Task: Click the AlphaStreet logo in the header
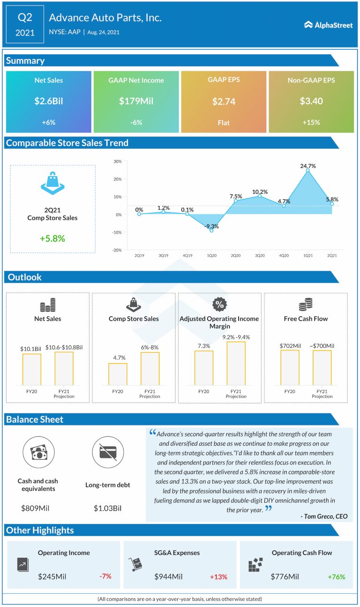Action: pyautogui.click(x=328, y=25)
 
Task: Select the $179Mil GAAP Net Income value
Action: pyautogui.click(x=136, y=101)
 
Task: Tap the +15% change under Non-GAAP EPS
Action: pyautogui.click(x=311, y=122)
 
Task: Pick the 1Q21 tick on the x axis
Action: pyautogui.click(x=307, y=256)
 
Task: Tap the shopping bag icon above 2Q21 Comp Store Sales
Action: pyautogui.click(x=52, y=182)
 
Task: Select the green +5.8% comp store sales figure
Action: pyautogui.click(x=52, y=238)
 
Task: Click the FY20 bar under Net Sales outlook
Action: pyautogui.click(x=31, y=370)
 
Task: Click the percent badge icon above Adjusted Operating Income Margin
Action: pyautogui.click(x=219, y=304)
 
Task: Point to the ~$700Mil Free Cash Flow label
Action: pyautogui.click(x=322, y=346)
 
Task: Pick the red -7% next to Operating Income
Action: pyautogui.click(x=105, y=576)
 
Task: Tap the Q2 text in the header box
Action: pyautogui.click(x=25, y=18)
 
